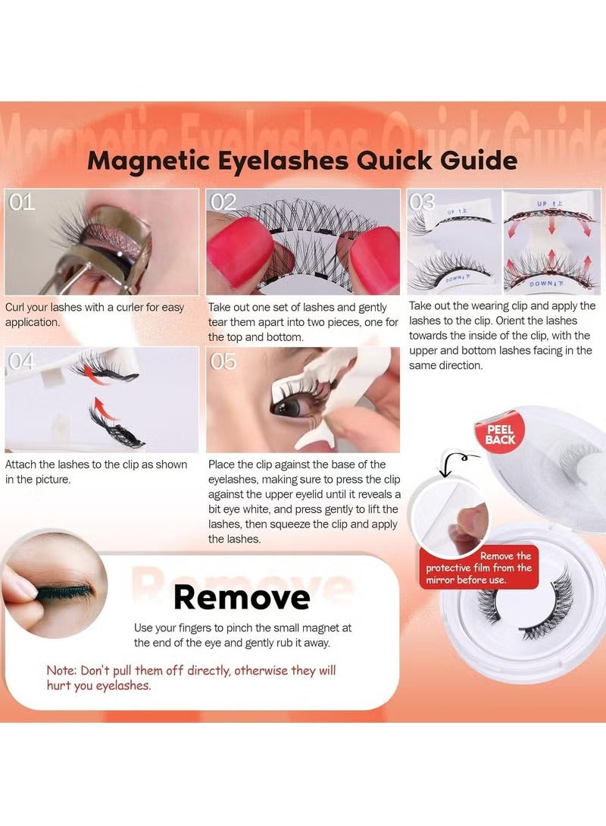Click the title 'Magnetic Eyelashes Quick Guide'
[x=302, y=161]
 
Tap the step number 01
[x=23, y=202]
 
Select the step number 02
[x=224, y=202]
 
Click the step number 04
[x=21, y=361]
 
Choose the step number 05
[x=223, y=361]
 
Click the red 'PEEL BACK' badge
[x=500, y=434]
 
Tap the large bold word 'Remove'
[x=241, y=597]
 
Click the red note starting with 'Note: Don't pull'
[x=191, y=677]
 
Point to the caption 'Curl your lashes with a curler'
[x=94, y=314]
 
